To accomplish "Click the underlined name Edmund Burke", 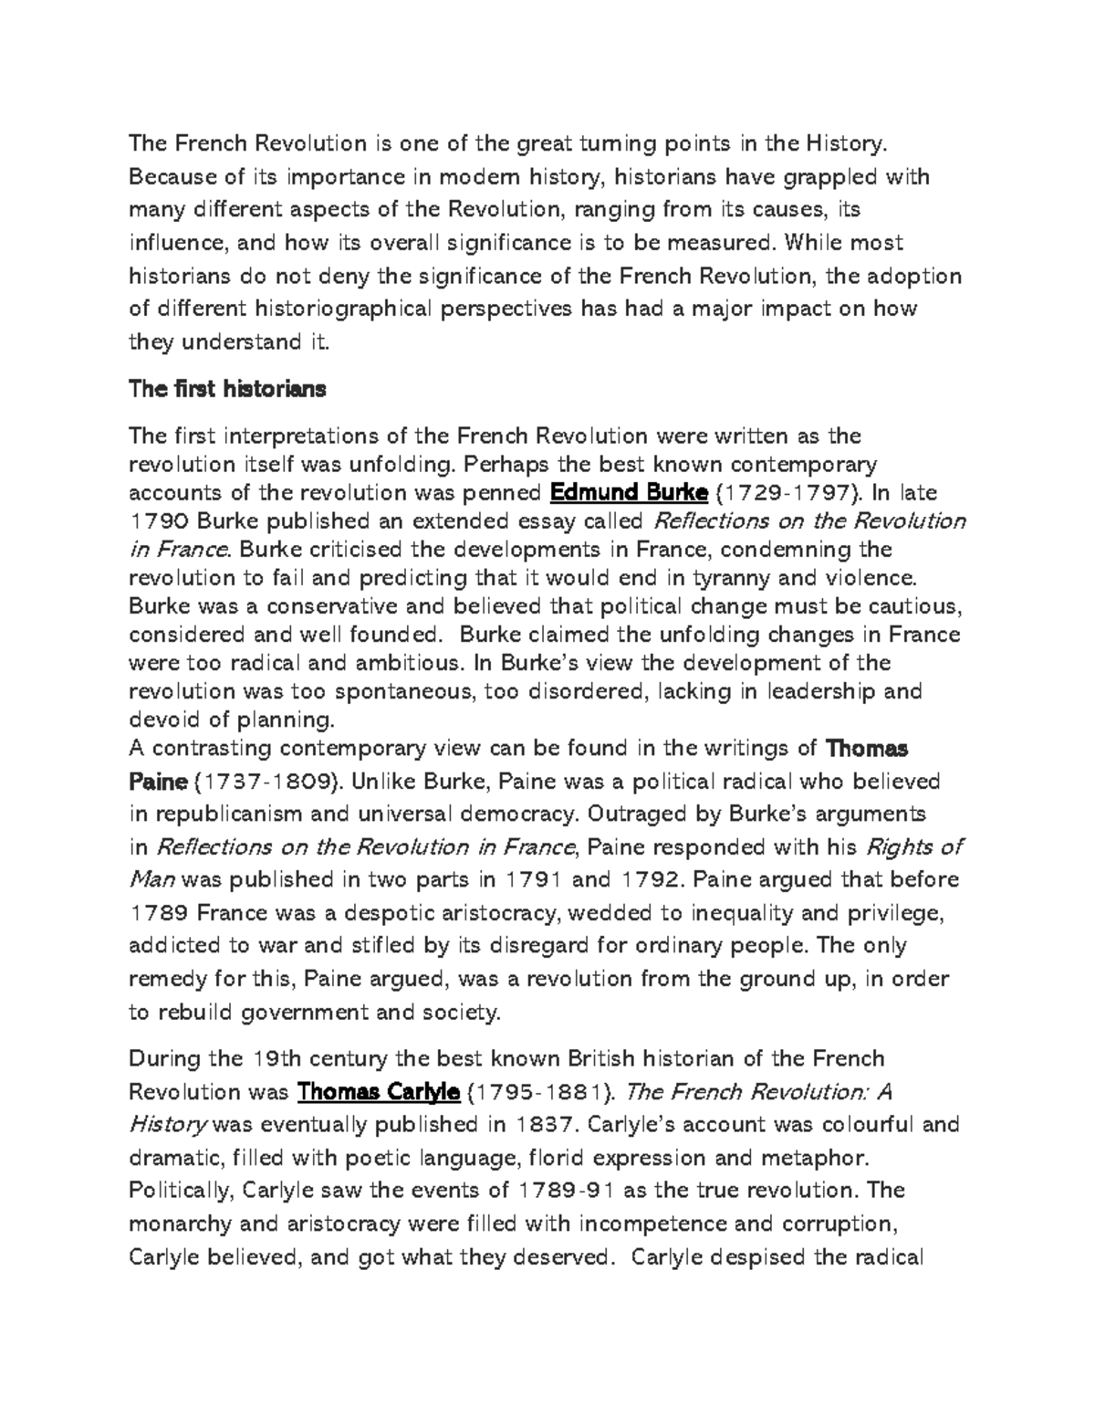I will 630,493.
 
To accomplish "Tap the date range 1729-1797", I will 791,493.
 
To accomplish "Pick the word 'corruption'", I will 831,1224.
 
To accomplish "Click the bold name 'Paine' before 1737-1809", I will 158,782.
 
